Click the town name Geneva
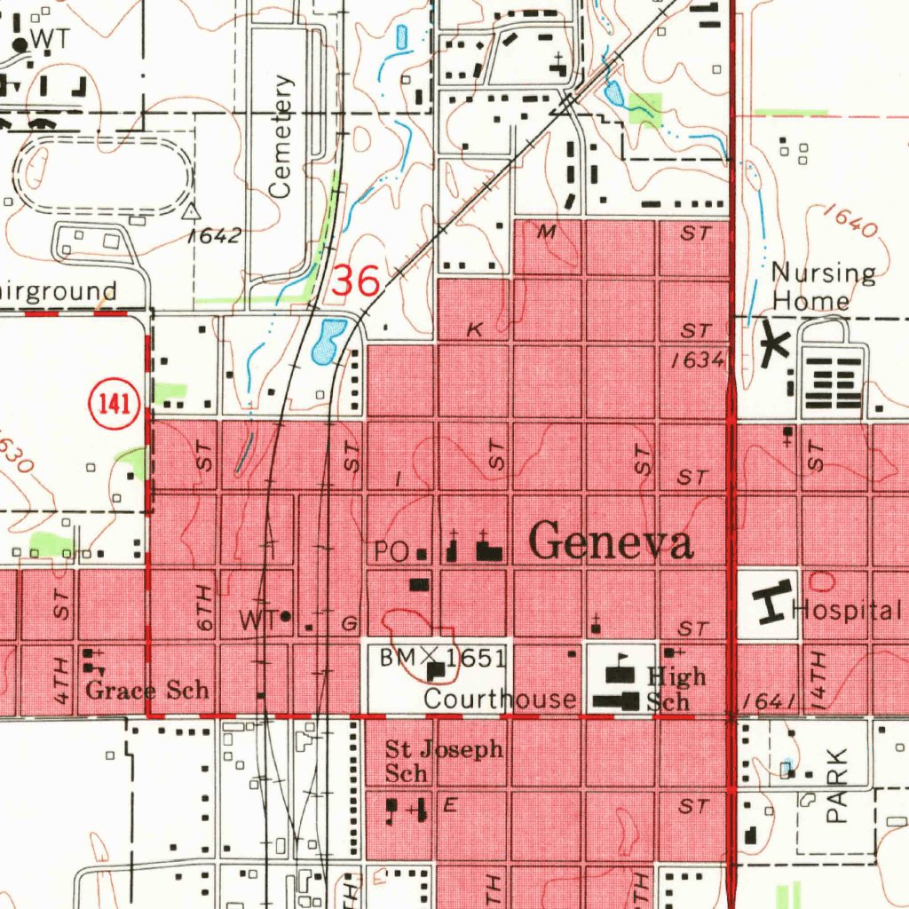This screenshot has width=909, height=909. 612,541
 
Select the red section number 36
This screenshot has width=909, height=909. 356,281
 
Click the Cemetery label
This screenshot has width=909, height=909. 281,137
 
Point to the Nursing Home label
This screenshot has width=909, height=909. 822,286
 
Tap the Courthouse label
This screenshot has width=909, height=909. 500,699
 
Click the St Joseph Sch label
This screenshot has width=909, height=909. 443,761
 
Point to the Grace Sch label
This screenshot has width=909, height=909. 147,691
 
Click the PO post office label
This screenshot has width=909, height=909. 391,552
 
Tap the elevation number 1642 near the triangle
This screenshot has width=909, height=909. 214,236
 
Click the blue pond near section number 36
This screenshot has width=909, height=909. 326,341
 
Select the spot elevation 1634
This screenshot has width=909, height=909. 699,360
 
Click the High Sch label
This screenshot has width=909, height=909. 675,689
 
